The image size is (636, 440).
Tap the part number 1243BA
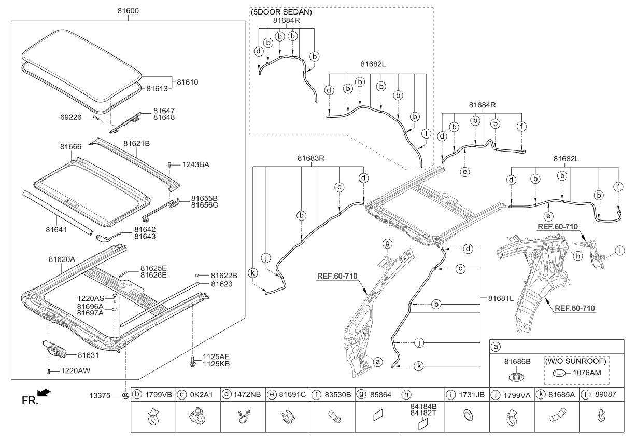196,164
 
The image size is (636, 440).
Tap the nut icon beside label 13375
125,397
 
